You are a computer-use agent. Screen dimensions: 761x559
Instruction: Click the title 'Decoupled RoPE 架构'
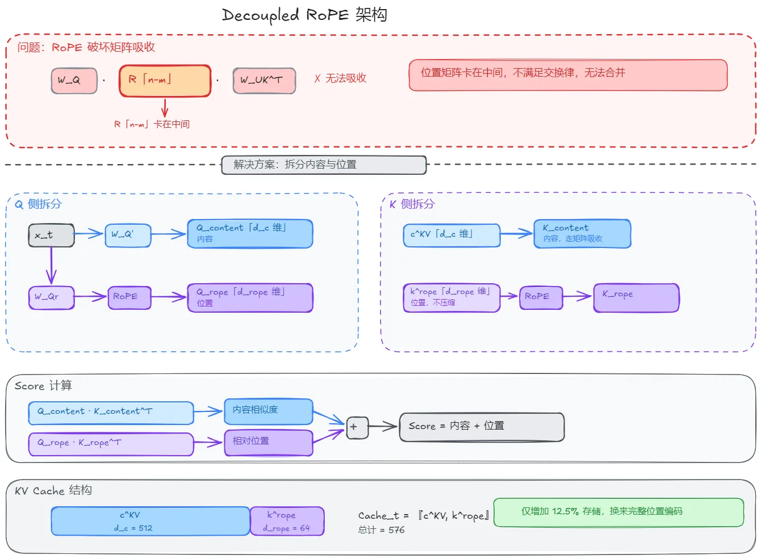(305, 15)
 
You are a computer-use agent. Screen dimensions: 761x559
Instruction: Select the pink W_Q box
(74, 81)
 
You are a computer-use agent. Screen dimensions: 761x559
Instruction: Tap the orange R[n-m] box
(165, 81)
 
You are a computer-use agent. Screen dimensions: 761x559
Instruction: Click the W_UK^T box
(264, 81)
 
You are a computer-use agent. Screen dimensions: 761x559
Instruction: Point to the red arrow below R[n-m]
(165, 108)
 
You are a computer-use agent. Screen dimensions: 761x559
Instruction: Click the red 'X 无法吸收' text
(340, 78)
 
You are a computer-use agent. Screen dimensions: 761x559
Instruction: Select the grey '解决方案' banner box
(324, 165)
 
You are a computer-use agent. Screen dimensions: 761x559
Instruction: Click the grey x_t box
(51, 235)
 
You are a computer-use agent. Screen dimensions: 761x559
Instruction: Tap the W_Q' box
(128, 235)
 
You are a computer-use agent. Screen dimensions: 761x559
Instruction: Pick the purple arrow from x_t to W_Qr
(51, 266)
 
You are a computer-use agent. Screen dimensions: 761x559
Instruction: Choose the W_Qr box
(51, 297)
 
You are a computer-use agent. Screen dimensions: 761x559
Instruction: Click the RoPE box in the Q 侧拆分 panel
(129, 297)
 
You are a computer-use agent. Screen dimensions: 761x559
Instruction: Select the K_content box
(582, 234)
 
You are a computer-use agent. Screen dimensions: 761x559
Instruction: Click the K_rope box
(636, 297)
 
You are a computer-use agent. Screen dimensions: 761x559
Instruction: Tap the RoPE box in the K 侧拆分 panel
(541, 297)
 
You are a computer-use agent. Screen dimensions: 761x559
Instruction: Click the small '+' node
(357, 428)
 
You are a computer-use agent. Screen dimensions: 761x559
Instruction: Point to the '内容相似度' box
(269, 411)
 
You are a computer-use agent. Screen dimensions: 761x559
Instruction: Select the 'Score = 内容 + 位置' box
(482, 427)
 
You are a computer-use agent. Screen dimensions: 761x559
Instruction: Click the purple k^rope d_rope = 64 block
(287, 522)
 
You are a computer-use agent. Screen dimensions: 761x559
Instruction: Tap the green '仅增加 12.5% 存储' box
(618, 512)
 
